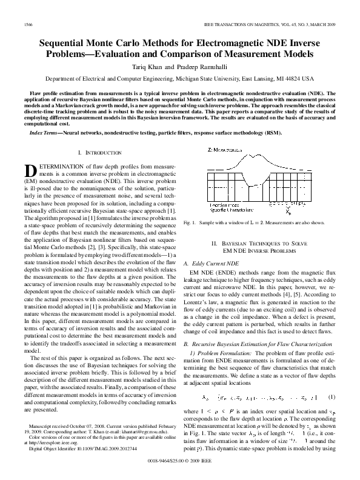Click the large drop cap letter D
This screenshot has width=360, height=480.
tap(30, 171)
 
